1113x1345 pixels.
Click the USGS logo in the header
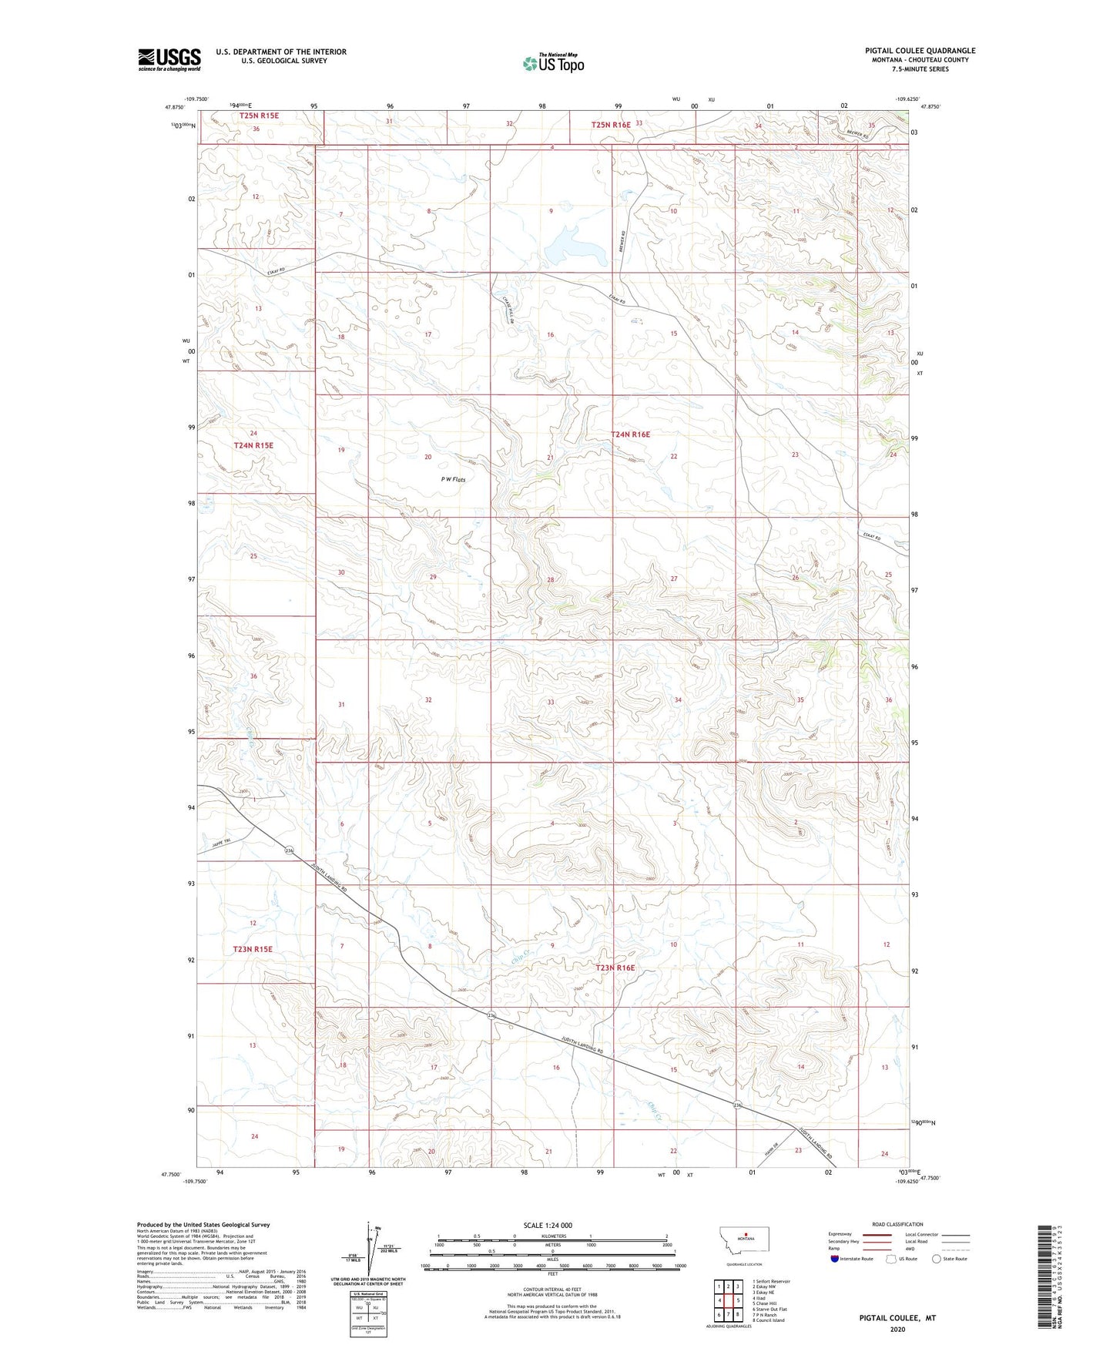point(169,59)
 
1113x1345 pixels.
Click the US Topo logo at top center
point(553,63)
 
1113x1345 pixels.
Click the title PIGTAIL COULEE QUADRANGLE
point(920,51)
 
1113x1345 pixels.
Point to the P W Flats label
point(453,479)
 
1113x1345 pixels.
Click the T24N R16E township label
point(630,434)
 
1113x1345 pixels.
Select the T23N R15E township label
point(253,949)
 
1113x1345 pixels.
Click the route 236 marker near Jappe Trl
point(289,850)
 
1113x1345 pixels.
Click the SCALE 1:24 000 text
point(548,1225)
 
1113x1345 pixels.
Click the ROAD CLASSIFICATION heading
point(897,1224)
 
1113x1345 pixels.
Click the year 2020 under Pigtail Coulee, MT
point(897,1329)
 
